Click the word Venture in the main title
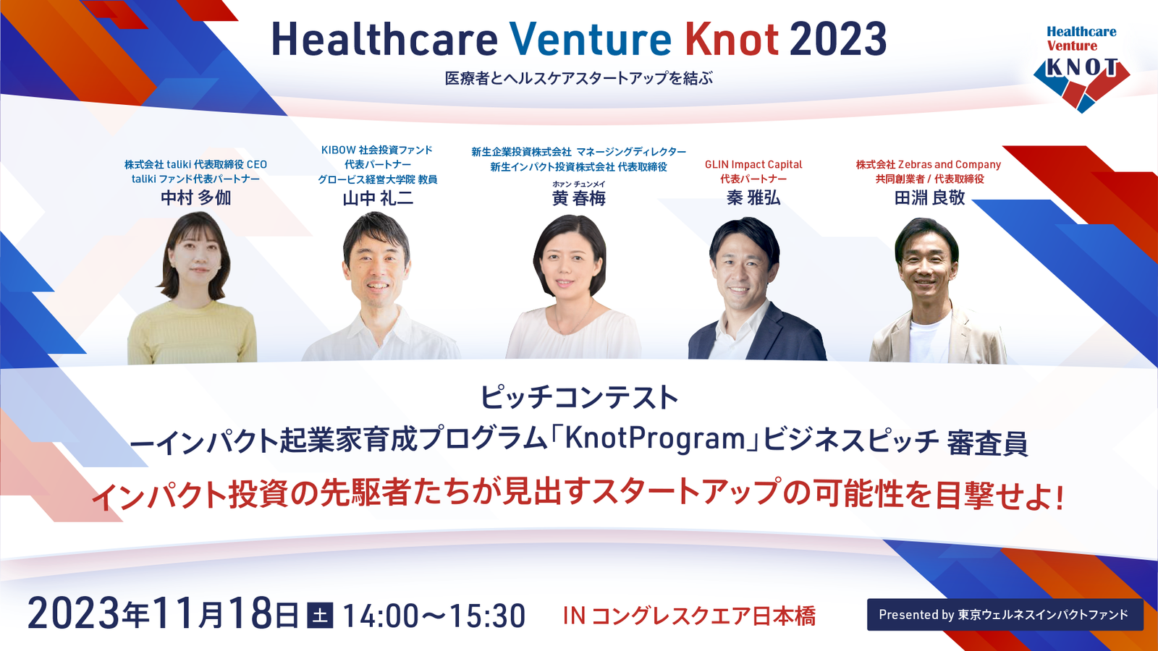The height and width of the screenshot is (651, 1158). pyautogui.click(x=590, y=39)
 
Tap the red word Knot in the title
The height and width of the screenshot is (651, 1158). pyautogui.click(x=732, y=39)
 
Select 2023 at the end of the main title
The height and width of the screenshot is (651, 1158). pyautogui.click(x=838, y=39)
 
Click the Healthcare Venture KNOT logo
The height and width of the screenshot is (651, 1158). pyautogui.click(x=1081, y=68)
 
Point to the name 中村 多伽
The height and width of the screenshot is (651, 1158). pyautogui.click(x=195, y=198)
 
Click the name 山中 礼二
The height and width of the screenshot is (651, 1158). pyautogui.click(x=378, y=198)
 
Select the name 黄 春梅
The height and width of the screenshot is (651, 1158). pyautogui.click(x=578, y=198)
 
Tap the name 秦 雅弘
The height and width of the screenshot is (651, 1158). pyautogui.click(x=753, y=198)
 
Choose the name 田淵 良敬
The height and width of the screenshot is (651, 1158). pyautogui.click(x=929, y=198)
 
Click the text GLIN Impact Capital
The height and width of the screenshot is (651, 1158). pyautogui.click(x=753, y=165)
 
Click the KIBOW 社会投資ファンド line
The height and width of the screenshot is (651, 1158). pyautogui.click(x=377, y=150)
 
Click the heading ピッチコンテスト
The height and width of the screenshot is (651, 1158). pyautogui.click(x=579, y=397)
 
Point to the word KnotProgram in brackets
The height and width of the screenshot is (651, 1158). pyautogui.click(x=654, y=439)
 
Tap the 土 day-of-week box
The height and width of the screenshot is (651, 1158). pyautogui.click(x=320, y=616)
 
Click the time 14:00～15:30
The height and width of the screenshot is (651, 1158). pyautogui.click(x=434, y=616)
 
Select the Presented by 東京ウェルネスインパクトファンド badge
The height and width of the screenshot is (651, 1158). pyautogui.click(x=1005, y=614)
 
